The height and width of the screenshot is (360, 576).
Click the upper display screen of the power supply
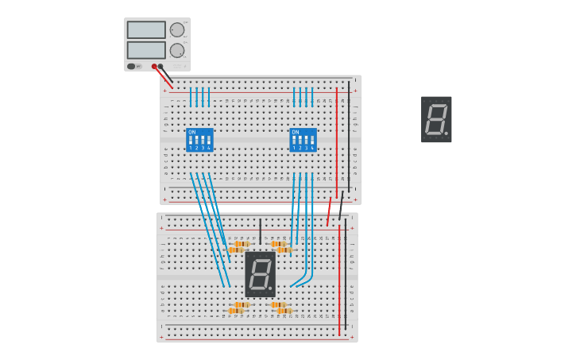pos(146,30)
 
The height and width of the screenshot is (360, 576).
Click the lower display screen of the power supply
pos(146,50)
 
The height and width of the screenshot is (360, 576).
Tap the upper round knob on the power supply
pos(177,30)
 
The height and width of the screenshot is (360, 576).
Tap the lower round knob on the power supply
pos(177,50)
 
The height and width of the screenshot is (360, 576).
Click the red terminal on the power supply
pos(154,67)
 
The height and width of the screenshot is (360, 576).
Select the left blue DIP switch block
pos(199,140)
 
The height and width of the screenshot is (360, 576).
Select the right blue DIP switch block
pos(303,140)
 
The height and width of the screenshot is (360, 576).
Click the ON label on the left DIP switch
pos(191,132)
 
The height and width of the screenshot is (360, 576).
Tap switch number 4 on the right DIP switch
pos(312,141)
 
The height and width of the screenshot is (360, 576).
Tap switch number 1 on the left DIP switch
pos(191,141)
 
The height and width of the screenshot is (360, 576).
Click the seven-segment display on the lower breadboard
pos(260,274)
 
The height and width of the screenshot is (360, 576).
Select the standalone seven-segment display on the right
pos(436,119)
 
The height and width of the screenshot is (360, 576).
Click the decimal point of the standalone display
pos(446,134)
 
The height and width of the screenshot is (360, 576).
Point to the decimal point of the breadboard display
pos(270,288)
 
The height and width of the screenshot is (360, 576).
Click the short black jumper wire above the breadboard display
pos(260,230)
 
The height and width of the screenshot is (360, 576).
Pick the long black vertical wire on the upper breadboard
pos(348,135)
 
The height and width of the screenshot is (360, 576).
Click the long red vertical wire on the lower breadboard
pos(339,278)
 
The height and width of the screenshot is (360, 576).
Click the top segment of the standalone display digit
pos(436,106)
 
